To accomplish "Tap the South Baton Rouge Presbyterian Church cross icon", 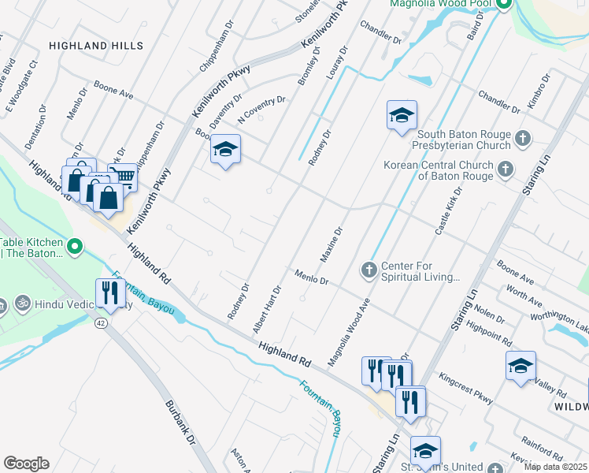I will click(x=521, y=140).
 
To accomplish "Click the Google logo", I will click(x=26, y=464).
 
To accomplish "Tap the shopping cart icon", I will click(x=122, y=177).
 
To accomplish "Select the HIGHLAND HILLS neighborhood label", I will click(x=88, y=47).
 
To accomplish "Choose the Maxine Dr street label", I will click(x=332, y=245).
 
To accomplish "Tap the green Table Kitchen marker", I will click(x=75, y=248).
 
